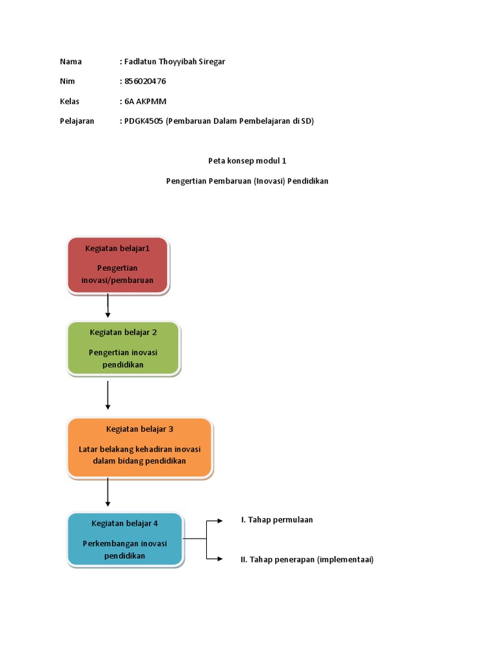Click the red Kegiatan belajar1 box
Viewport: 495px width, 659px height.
pos(118,265)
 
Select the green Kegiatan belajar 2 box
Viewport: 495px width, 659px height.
pos(123,348)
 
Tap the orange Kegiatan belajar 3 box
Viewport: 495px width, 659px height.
pos(139,448)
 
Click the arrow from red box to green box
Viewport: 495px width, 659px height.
pos(108,306)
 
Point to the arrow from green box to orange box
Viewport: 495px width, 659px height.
pos(108,395)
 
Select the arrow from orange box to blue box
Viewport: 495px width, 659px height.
pos(108,492)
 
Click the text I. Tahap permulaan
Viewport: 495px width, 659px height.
pos(277,520)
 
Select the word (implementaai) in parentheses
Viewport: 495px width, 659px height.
pos(345,560)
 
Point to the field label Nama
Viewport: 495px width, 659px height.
pos(71,62)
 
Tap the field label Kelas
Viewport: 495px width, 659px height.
pos(70,101)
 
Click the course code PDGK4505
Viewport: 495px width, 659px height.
pos(144,121)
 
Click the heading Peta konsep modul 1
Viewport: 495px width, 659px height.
pos(247,161)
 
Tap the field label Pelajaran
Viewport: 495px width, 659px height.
pos(77,121)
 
